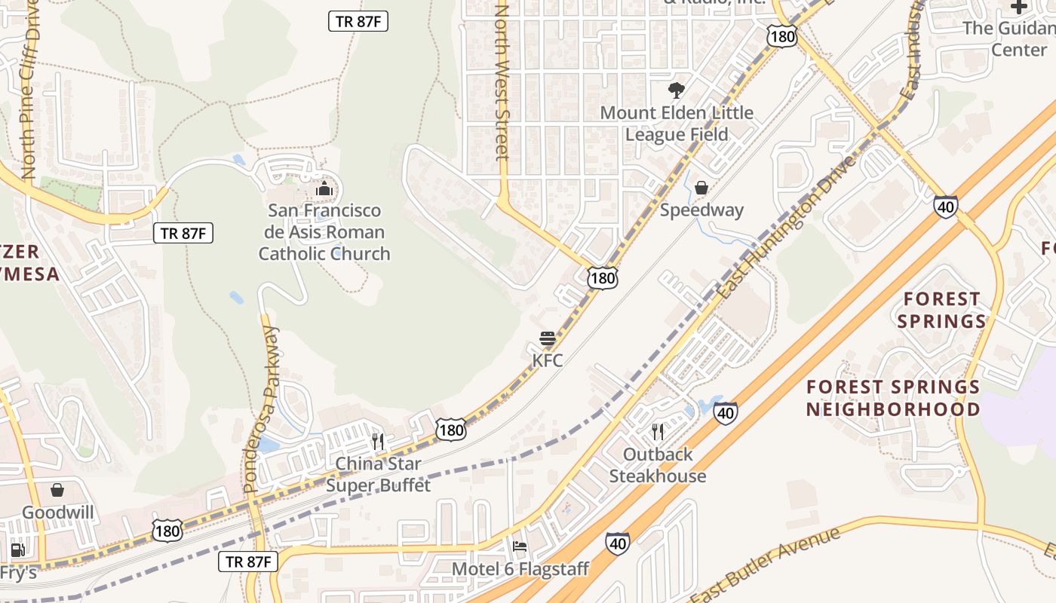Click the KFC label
[548, 360]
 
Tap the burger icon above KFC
[548, 338]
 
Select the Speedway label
[701, 210]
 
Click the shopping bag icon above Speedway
[701, 188]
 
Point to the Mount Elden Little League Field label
[677, 124]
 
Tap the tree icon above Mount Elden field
[677, 90]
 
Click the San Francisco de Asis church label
[324, 232]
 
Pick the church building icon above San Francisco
[324, 188]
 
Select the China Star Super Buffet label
[378, 474]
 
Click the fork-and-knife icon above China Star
[378, 441]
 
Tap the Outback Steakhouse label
[658, 465]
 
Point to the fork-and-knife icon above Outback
[658, 432]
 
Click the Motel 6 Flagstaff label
[520, 569]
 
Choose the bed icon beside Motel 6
[520, 546]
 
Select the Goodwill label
[58, 513]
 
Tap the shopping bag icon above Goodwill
[57, 491]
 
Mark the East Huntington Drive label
[787, 227]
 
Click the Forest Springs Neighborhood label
[893, 398]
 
